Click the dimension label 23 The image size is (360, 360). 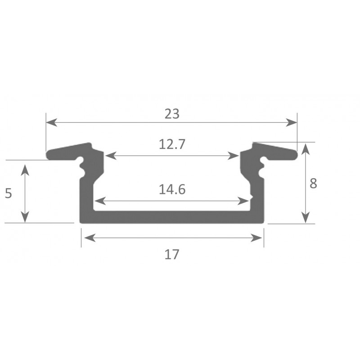[172, 114]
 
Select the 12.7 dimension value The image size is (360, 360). [172, 144]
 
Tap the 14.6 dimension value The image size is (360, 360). [172, 189]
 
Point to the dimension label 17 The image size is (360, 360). [172, 254]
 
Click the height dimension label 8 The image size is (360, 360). [313, 184]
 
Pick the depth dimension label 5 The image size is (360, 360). [8, 193]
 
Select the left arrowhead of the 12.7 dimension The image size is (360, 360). [111, 156]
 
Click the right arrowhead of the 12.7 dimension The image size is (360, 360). [233, 156]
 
